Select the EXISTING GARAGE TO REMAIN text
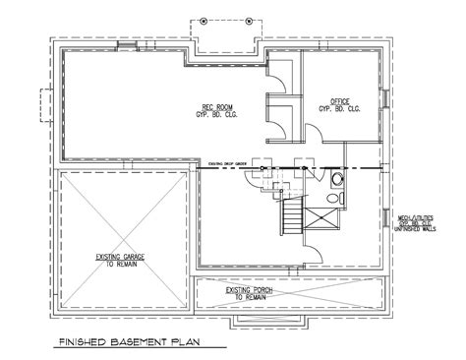tap(121, 259)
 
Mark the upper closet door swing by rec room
tap(278, 77)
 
